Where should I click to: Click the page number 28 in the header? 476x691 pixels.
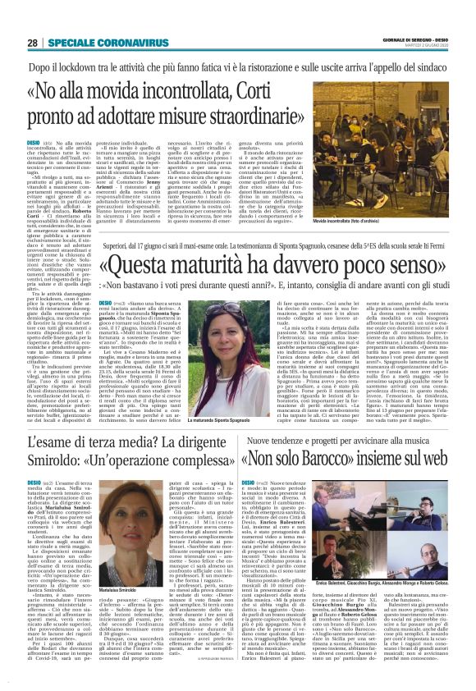click(33, 43)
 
